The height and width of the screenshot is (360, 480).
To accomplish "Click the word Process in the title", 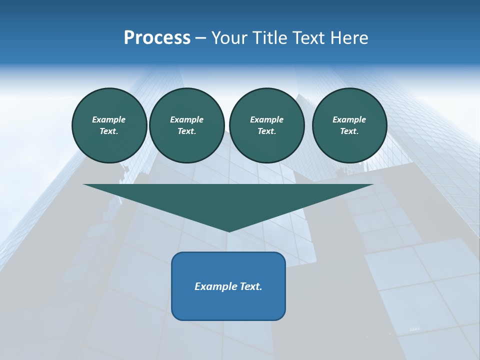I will (x=157, y=38).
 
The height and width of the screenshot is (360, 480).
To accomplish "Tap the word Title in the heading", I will (x=270, y=38).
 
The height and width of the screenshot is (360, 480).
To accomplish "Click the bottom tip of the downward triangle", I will (x=228, y=230).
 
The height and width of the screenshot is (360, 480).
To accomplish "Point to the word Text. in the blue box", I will (x=250, y=286).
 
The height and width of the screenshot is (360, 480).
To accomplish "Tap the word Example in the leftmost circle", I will (x=109, y=119).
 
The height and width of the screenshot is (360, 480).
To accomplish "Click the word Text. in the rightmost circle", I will (x=349, y=131).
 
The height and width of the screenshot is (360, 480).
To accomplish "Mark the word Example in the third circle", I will (x=266, y=119).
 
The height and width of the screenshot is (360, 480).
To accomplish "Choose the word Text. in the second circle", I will (x=186, y=131).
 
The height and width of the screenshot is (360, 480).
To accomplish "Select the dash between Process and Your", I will (x=200, y=38).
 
